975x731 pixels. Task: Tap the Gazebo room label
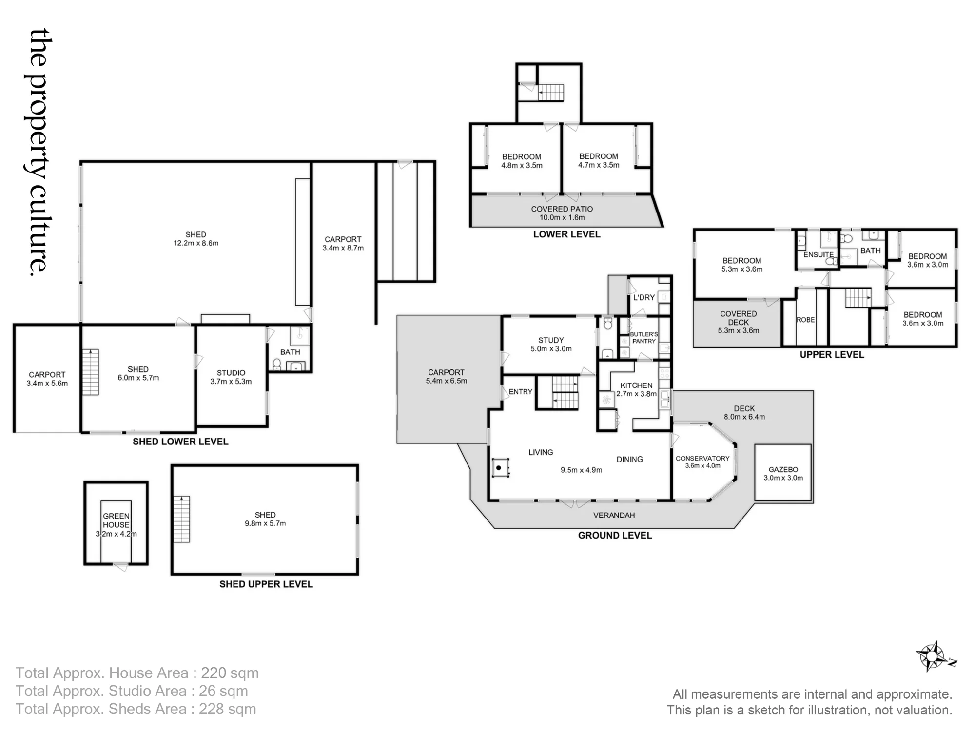[783, 469]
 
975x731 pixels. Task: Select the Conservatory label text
[702, 459]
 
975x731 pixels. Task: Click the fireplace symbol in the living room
[500, 468]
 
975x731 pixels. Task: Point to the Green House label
[116, 520]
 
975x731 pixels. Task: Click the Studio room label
[231, 373]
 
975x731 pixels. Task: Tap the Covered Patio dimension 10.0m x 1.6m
[562, 218]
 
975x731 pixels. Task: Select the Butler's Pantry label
[644, 338]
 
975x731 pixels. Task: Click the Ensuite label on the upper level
[819, 254]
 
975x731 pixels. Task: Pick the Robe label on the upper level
[805, 320]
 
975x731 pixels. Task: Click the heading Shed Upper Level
[266, 584]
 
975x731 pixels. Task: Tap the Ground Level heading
[615, 535]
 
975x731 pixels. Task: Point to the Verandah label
[614, 515]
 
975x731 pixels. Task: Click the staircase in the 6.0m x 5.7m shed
[91, 372]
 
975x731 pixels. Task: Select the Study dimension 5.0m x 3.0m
[551, 349]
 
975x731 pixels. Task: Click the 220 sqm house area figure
[230, 673]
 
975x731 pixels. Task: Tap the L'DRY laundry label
[644, 297]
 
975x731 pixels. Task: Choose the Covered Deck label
[739, 318]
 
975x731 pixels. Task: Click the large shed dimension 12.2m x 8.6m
[196, 243]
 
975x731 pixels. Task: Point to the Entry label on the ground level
[521, 392]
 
